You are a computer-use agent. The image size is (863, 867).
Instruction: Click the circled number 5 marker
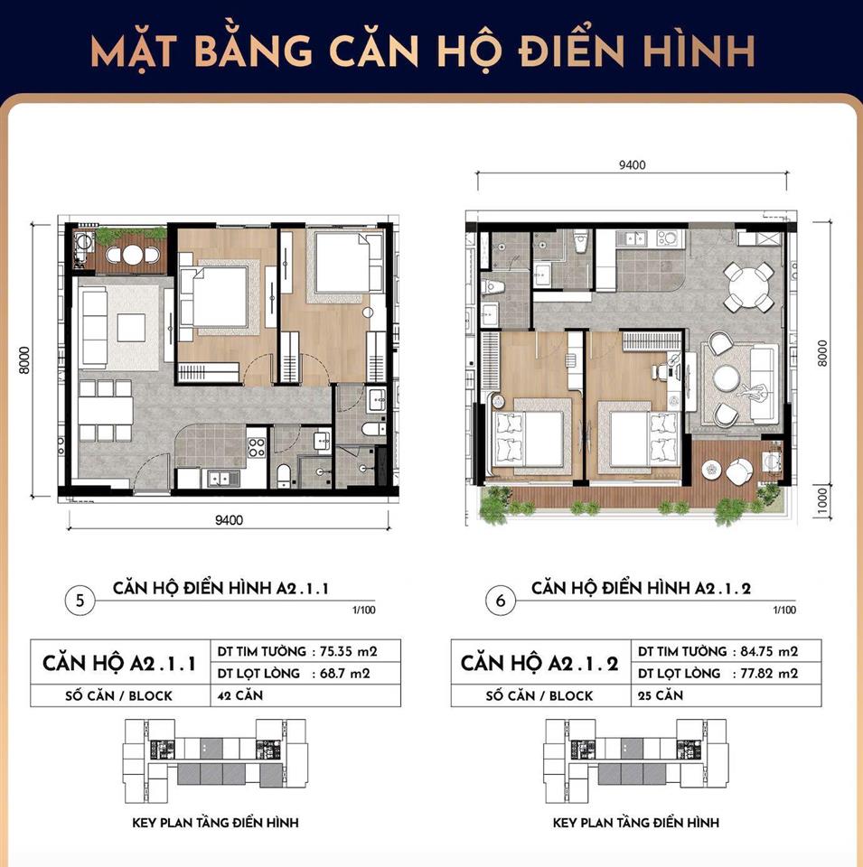(x=80, y=600)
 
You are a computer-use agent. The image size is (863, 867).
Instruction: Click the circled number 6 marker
(x=501, y=600)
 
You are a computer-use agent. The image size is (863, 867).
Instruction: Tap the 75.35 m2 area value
(x=349, y=651)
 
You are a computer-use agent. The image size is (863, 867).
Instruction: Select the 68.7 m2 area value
(x=345, y=674)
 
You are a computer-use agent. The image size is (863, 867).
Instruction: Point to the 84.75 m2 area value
(x=770, y=651)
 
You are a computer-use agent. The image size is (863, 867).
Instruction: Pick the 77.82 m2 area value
(x=770, y=674)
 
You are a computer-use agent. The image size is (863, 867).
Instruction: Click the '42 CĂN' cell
(x=240, y=695)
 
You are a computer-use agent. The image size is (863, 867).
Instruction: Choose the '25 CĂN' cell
(x=661, y=695)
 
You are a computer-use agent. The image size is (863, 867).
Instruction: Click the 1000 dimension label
(x=822, y=501)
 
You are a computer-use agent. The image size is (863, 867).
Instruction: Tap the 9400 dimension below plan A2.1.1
(x=229, y=520)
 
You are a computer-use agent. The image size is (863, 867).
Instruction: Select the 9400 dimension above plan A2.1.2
(x=633, y=165)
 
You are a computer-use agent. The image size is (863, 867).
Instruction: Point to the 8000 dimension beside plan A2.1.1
(x=23, y=360)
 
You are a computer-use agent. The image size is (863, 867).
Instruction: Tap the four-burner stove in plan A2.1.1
(x=256, y=447)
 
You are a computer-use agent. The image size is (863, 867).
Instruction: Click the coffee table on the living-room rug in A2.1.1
(x=131, y=327)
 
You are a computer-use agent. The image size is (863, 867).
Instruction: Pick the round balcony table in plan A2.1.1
(x=132, y=255)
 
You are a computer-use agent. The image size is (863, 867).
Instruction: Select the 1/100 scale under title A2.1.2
(x=784, y=610)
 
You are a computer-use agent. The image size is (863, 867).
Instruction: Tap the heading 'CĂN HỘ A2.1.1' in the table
(x=119, y=663)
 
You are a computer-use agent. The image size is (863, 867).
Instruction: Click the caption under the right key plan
(x=636, y=823)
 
